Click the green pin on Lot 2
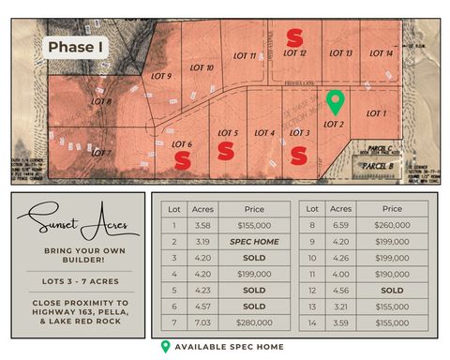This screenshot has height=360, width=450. [334, 101]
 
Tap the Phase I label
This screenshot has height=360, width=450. [77, 46]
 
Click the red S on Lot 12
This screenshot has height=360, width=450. [294, 37]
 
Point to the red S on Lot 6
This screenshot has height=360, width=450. [183, 160]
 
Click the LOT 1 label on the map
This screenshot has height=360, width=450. [375, 112]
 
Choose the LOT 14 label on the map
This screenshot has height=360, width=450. [382, 53]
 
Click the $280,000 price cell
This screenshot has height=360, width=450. [254, 322]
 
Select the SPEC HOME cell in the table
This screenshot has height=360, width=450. [254, 241]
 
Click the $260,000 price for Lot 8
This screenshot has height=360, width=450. [392, 225]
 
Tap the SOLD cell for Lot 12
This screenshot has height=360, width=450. [392, 290]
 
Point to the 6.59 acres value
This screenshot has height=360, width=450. [341, 225]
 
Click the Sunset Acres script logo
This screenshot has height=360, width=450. [78, 221]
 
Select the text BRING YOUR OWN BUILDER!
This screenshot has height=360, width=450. [78, 257]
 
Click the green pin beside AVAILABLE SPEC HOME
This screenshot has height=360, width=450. [166, 347]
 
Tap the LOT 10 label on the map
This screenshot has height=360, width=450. [202, 68]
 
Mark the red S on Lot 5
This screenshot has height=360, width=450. [226, 151]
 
